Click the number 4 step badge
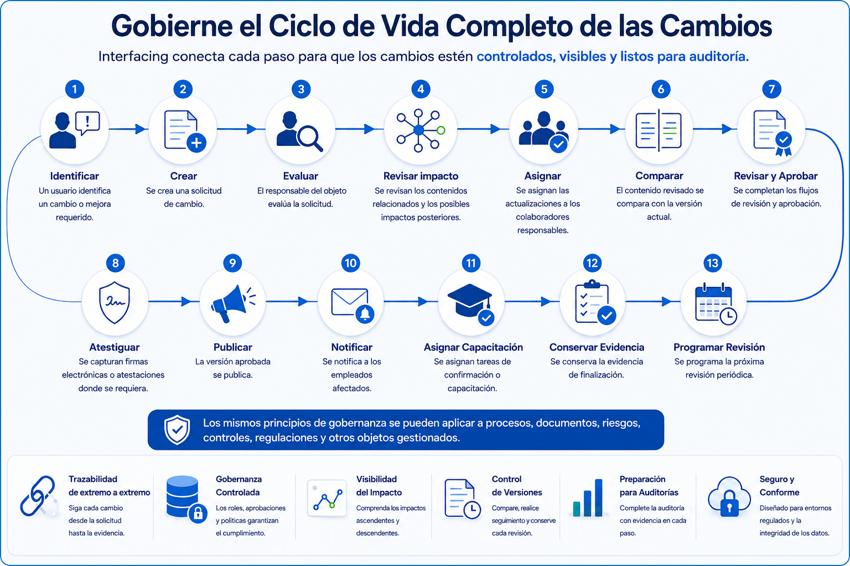pos(421,89)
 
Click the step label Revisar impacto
pos(421,176)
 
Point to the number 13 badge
pos(712,263)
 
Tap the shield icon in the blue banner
pos(177,429)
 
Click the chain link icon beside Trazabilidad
pos(38,496)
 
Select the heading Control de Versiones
pos(517,486)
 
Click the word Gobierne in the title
pos(172,26)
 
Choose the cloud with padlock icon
pos(729,496)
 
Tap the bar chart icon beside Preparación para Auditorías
pos(588,498)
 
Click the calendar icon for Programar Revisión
pos(716,304)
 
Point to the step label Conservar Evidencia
pos(597,347)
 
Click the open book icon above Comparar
pos(659,130)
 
